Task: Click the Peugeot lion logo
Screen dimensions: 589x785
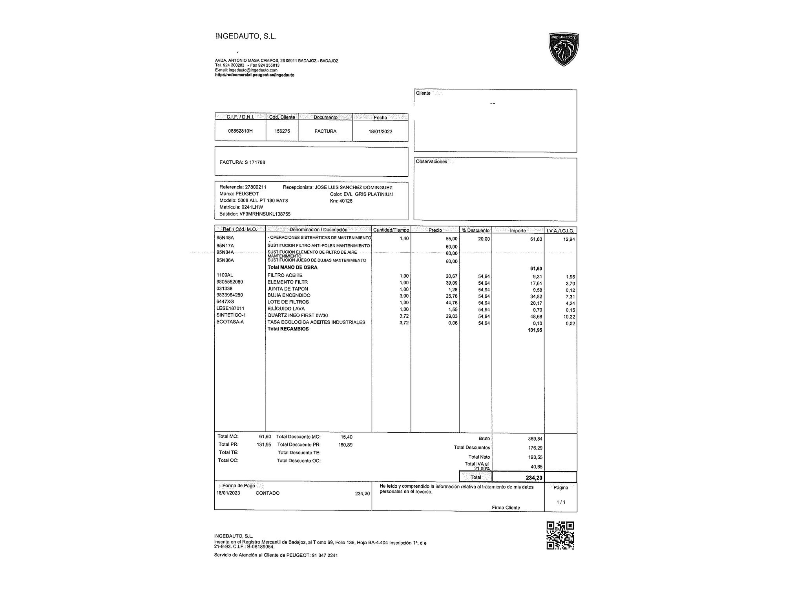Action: [564, 49]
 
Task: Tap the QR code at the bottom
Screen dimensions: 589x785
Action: [560, 535]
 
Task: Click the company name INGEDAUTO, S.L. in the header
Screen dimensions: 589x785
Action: [246, 37]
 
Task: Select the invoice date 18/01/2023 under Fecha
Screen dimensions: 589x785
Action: [380, 132]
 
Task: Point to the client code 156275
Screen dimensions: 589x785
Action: [282, 131]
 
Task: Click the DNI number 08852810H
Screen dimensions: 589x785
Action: [240, 131]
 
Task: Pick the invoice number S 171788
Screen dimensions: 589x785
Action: [255, 162]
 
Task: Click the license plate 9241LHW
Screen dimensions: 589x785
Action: [252, 207]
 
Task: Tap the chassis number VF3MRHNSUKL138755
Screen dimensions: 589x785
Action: [265, 214]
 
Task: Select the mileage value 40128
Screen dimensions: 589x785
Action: [346, 201]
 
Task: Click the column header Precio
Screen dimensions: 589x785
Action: [435, 230]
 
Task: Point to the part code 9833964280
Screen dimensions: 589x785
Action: [230, 295]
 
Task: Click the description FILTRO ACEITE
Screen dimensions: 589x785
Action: [285, 275]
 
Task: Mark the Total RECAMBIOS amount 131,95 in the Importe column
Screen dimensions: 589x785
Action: [535, 330]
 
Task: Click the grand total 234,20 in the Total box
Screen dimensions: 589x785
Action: [534, 478]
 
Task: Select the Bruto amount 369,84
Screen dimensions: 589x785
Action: [535, 439]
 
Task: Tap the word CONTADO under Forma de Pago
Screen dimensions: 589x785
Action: [267, 493]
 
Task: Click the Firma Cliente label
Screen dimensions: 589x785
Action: [506, 508]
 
